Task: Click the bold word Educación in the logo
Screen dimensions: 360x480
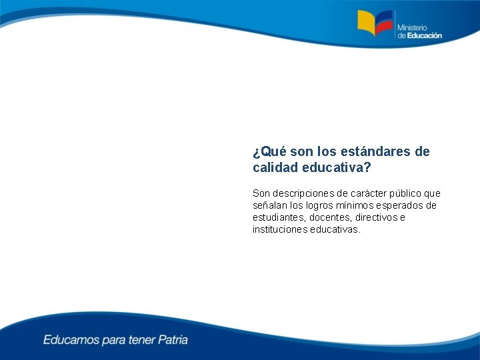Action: tap(424, 36)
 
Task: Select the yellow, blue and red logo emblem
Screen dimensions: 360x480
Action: tap(375, 25)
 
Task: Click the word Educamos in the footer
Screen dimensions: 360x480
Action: tap(71, 340)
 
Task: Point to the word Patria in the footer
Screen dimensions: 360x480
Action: tap(173, 340)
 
